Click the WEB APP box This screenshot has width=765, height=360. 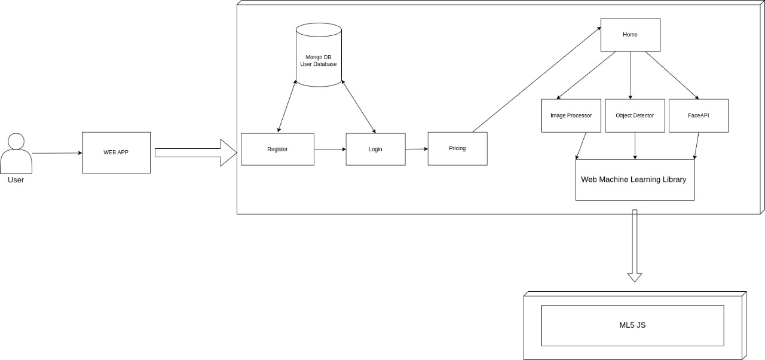(x=116, y=152)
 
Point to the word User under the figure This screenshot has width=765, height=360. (x=16, y=179)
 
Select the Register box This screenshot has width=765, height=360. (x=277, y=149)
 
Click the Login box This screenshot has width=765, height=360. (x=375, y=149)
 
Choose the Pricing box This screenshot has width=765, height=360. (x=457, y=148)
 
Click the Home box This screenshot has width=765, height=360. (x=630, y=35)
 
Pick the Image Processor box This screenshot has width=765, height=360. (x=571, y=115)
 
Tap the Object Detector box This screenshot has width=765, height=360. (x=635, y=115)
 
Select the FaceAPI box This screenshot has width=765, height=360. (x=698, y=115)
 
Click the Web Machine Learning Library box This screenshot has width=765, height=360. (x=634, y=179)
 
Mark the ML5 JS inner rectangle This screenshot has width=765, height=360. (x=632, y=325)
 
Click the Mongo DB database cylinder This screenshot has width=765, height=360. (x=319, y=55)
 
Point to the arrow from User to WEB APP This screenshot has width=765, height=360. (x=57, y=153)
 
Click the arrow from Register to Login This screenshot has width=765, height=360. (x=330, y=149)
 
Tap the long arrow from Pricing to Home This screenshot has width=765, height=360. (x=537, y=80)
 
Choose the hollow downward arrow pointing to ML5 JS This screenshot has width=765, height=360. (x=635, y=245)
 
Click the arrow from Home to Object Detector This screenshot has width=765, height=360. (x=630, y=75)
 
